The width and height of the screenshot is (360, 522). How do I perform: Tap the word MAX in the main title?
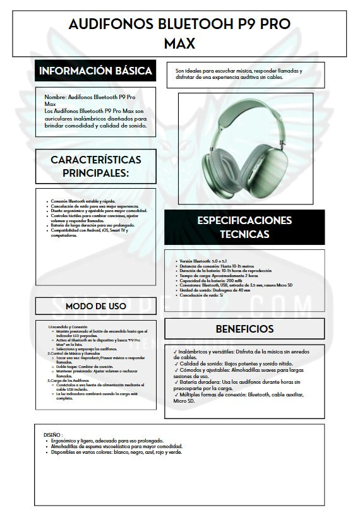pyautogui.click(x=179, y=44)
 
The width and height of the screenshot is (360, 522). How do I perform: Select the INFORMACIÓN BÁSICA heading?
pyautogui.click(x=95, y=71)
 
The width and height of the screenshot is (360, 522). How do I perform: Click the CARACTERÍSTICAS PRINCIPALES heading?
pyautogui.click(x=95, y=166)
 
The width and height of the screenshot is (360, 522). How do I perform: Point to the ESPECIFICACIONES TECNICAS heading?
pyautogui.click(x=244, y=227)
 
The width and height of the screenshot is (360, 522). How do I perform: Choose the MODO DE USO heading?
pyautogui.click(x=95, y=306)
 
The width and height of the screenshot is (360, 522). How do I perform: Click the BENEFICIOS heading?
pyautogui.click(x=244, y=329)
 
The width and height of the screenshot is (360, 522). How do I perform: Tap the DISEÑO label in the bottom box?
pyautogui.click(x=53, y=434)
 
